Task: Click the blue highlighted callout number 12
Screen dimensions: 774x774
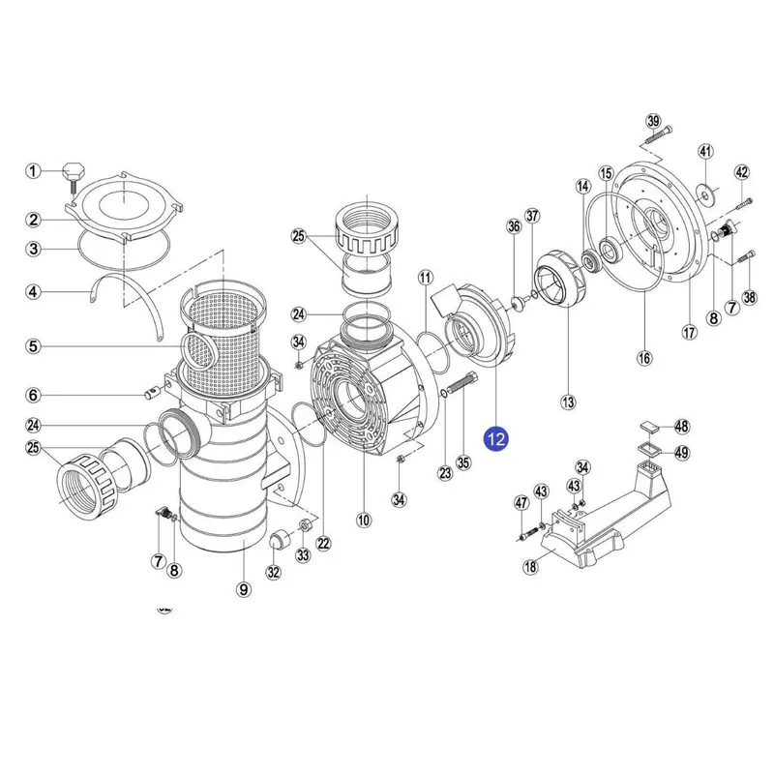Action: click(x=496, y=439)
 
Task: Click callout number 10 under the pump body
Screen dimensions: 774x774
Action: click(x=364, y=520)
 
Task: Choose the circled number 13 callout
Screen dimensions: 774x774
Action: click(x=568, y=401)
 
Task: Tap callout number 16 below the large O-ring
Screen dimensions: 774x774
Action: click(x=644, y=358)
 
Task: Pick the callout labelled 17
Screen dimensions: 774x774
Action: click(x=689, y=332)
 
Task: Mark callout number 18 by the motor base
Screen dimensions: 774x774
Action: click(x=530, y=568)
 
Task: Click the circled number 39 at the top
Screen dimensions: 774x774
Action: click(x=653, y=121)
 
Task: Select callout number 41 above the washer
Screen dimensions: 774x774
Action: click(x=705, y=151)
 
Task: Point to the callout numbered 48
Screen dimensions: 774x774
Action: click(x=681, y=426)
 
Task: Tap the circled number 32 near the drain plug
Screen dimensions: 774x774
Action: click(x=273, y=572)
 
